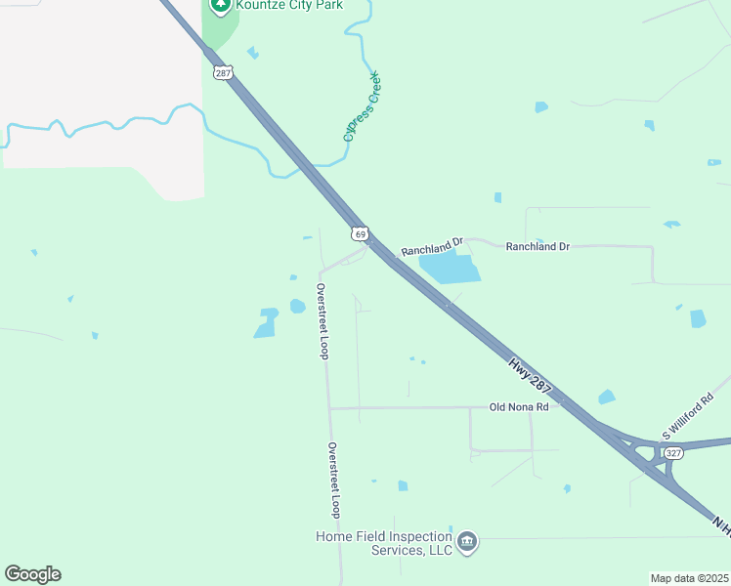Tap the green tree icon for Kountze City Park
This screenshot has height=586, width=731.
(220, 5)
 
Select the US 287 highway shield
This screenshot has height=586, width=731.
(224, 72)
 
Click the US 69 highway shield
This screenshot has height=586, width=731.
(361, 234)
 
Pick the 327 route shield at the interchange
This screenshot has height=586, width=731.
(671, 452)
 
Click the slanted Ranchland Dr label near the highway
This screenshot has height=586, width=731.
(431, 246)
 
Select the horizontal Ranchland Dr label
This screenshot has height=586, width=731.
(537, 247)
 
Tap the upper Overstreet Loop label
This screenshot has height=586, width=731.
(322, 321)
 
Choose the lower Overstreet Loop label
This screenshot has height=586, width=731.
(334, 480)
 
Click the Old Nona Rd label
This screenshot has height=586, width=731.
(519, 406)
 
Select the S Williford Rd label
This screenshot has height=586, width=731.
(688, 417)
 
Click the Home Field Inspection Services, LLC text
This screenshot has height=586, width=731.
(384, 543)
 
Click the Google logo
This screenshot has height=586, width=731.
(32, 574)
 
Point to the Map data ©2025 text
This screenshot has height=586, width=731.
(688, 578)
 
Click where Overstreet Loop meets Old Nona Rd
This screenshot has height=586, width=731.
(329, 407)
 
